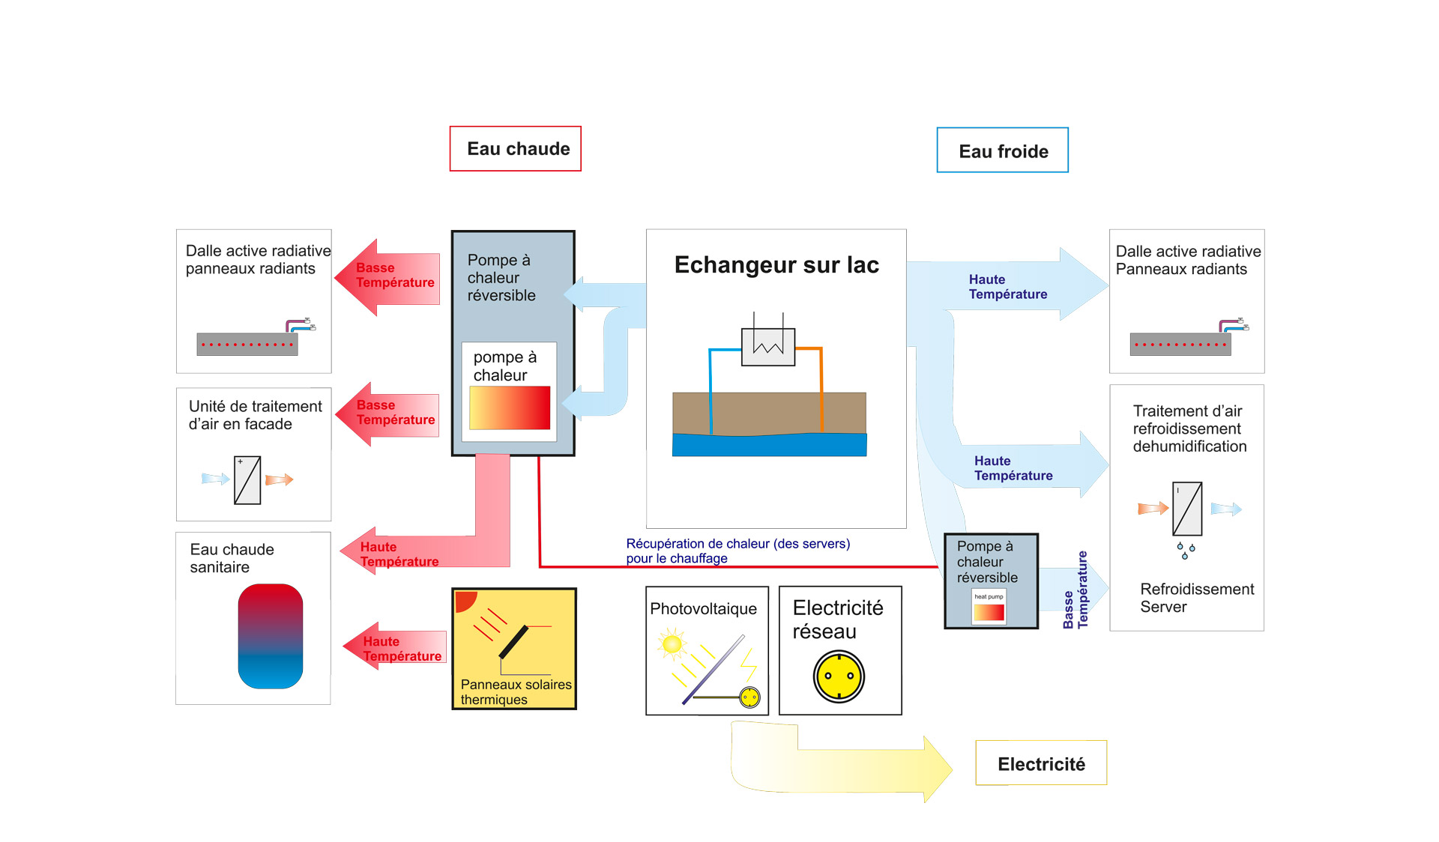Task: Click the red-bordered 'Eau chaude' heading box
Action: pos(516,149)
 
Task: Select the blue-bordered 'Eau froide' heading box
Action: pos(1002,151)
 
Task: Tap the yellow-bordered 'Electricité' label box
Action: pos(1040,763)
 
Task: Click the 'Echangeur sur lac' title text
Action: pos(776,265)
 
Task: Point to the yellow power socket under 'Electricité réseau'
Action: pos(839,676)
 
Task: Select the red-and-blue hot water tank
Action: pos(270,636)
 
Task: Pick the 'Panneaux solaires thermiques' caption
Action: pos(515,692)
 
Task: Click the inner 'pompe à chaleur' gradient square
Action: pos(510,408)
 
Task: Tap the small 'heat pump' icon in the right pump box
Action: pos(989,606)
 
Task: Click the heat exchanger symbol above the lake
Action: pos(767,346)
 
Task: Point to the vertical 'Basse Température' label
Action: pos(1075,590)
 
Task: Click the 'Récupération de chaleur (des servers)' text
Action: pos(737,544)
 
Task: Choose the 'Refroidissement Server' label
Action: pos(1196,598)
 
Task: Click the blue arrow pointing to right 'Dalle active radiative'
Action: pos(1008,285)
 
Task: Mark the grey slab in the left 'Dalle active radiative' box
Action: pos(247,345)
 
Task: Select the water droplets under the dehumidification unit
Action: pos(1186,551)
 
